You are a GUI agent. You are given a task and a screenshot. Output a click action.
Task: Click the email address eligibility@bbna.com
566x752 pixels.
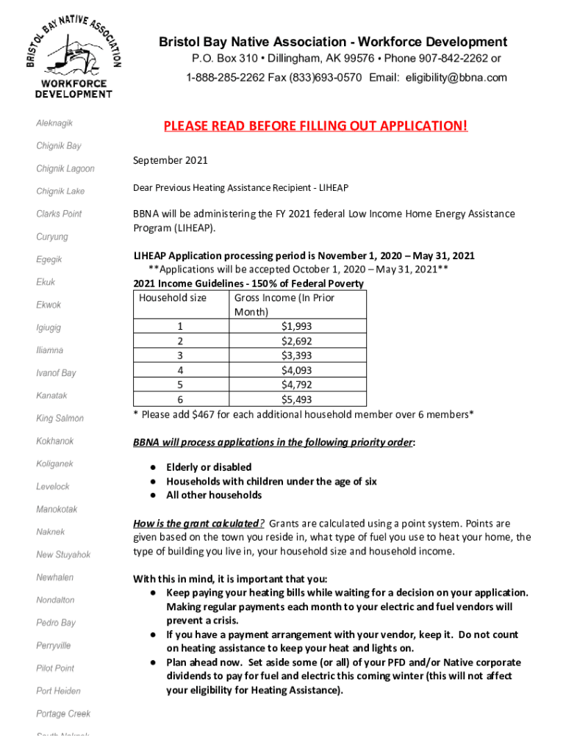[456, 78]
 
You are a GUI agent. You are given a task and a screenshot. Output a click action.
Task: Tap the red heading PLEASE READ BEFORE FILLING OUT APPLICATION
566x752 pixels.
[315, 126]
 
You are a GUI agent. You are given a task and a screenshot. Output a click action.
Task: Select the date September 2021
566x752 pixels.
[171, 160]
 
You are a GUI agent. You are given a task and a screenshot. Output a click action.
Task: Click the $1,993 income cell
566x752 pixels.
[297, 325]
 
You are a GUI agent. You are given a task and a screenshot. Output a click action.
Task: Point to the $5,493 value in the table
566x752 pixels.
[297, 399]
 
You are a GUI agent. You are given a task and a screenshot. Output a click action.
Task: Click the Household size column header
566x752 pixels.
[173, 297]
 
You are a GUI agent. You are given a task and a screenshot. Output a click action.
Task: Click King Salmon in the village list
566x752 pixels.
[60, 419]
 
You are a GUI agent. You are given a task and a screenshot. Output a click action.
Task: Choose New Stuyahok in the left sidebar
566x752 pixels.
[63, 554]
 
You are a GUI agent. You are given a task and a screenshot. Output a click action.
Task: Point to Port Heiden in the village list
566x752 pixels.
[59, 691]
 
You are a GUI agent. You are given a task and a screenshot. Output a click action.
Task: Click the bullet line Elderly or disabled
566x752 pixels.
[209, 467]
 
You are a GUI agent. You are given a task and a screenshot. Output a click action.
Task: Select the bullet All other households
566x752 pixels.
[214, 495]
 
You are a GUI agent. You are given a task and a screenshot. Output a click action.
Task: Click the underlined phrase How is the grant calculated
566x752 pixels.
[198, 524]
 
